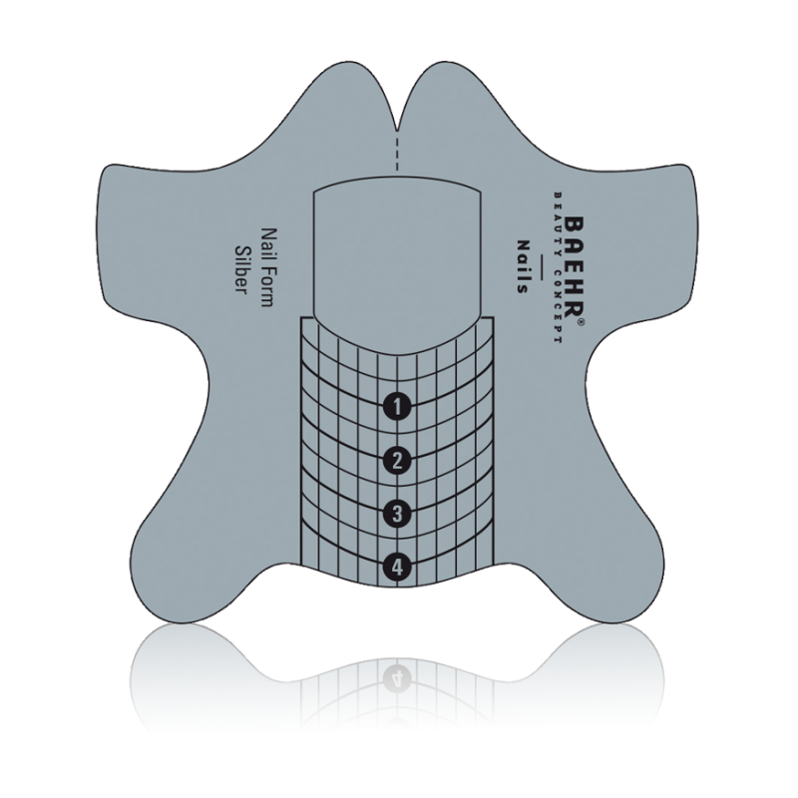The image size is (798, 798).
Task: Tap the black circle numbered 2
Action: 398,460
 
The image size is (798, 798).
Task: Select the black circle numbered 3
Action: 398,514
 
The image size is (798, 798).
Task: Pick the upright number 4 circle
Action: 398,568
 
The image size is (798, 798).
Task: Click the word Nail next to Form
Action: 267,242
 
